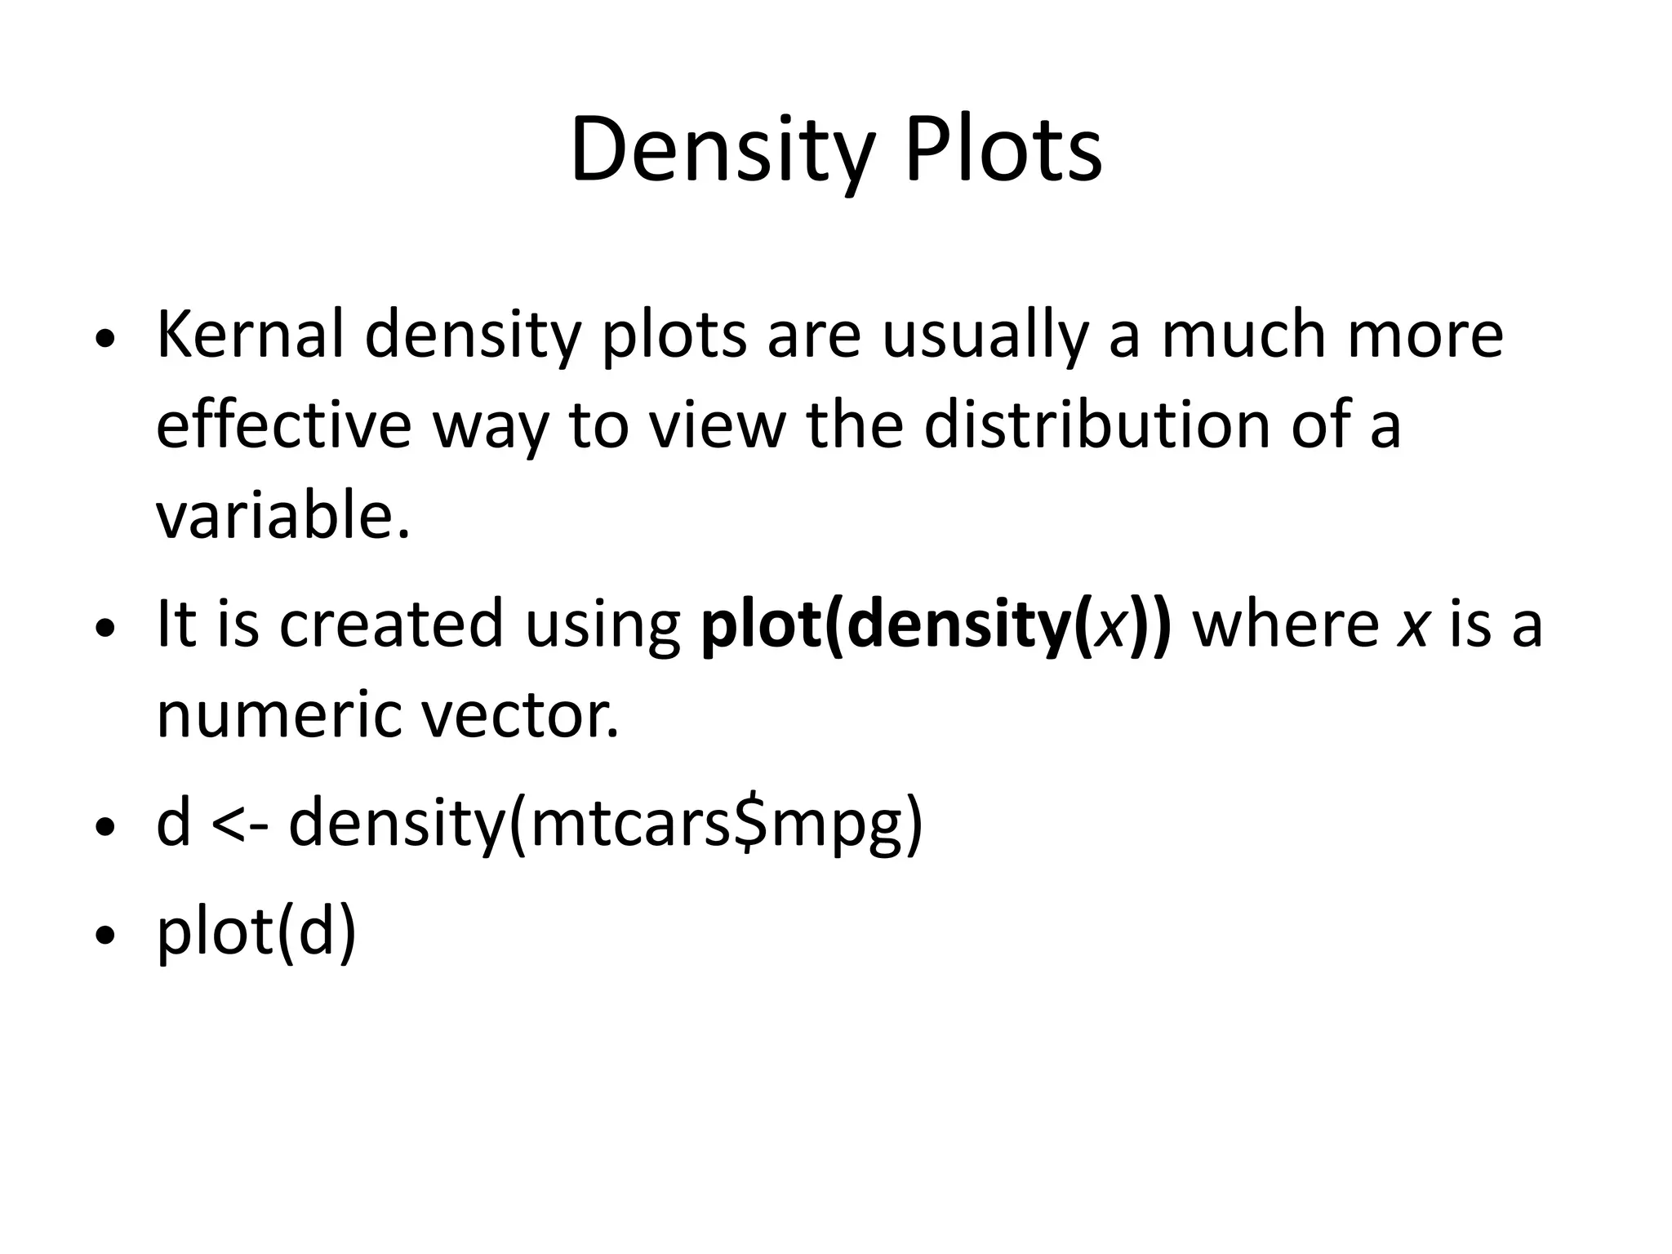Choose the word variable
pyautogui.click(x=282, y=516)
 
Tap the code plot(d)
pyautogui.click(x=256, y=933)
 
